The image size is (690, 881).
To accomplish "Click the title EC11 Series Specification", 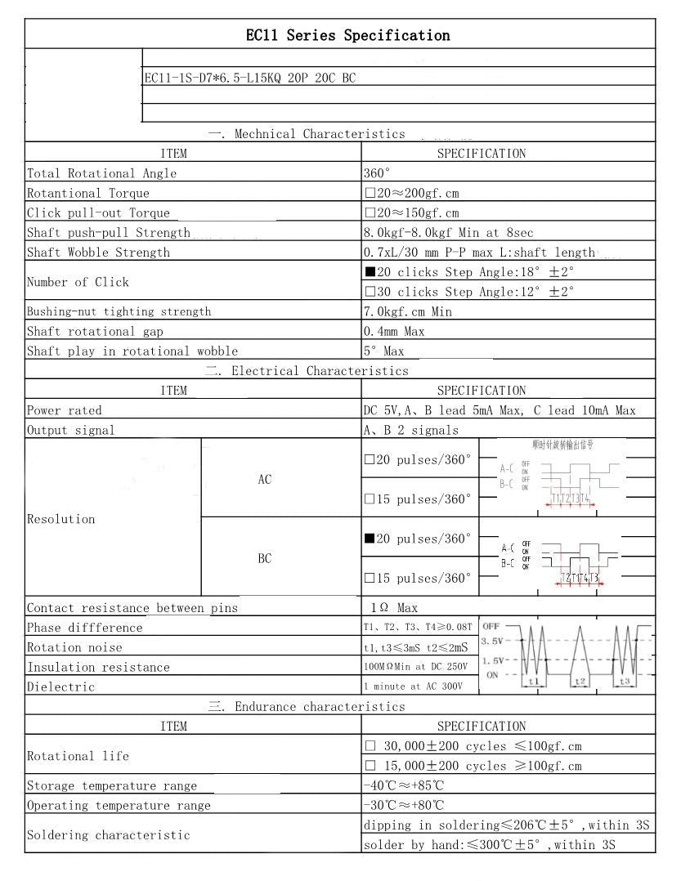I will [347, 35].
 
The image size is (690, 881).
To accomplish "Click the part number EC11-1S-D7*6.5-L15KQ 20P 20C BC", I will [249, 78].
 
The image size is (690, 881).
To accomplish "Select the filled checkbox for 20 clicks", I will [370, 271].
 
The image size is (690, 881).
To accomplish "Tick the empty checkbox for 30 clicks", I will [370, 291].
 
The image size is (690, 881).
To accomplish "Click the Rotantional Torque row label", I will [88, 193].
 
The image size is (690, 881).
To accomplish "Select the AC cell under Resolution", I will [265, 480].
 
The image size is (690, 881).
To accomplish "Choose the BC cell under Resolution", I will [265, 559].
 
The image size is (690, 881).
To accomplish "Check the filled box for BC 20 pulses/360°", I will [370, 539].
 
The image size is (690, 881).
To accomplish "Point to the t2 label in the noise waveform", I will [579, 681].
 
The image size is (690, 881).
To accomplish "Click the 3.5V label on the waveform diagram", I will [493, 640].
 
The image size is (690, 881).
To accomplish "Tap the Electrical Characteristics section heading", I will [307, 371].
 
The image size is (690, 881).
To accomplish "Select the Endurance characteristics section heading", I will [307, 706].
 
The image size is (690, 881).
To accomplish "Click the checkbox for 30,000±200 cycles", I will [370, 746].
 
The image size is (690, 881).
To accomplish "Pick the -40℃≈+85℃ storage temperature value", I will [404, 785].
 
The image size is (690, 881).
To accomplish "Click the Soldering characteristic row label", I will [108, 834].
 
